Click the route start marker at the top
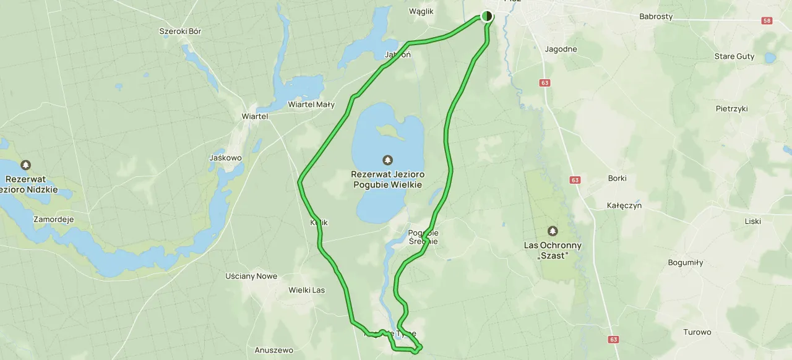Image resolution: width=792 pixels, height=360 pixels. (x=487, y=16)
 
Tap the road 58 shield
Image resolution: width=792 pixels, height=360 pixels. (x=767, y=21)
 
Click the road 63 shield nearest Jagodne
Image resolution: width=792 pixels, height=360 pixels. (x=544, y=83)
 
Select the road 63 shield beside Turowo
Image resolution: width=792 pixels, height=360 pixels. (x=613, y=340)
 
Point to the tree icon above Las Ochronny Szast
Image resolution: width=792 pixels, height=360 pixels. (x=553, y=231)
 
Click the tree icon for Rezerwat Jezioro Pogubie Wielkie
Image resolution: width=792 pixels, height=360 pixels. (x=388, y=160)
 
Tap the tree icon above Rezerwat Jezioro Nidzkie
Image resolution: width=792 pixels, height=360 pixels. (x=25, y=165)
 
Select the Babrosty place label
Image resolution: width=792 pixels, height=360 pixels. (x=656, y=17)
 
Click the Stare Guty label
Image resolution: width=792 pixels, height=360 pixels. (x=734, y=56)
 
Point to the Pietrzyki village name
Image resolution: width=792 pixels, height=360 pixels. (x=731, y=109)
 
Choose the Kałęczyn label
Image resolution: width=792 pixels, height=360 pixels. (x=624, y=205)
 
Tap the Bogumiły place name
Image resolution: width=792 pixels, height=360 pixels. (x=685, y=262)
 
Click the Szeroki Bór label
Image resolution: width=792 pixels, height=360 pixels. (x=180, y=32)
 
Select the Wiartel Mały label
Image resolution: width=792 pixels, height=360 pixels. (x=311, y=105)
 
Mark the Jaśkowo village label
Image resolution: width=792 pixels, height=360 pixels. (x=225, y=158)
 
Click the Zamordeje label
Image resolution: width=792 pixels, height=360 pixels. (x=54, y=220)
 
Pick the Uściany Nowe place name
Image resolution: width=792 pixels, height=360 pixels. (x=251, y=276)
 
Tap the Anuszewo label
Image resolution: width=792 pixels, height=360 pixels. (x=273, y=351)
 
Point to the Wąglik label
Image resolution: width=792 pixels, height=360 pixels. (x=421, y=11)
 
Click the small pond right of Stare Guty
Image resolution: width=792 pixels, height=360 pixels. (x=770, y=58)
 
